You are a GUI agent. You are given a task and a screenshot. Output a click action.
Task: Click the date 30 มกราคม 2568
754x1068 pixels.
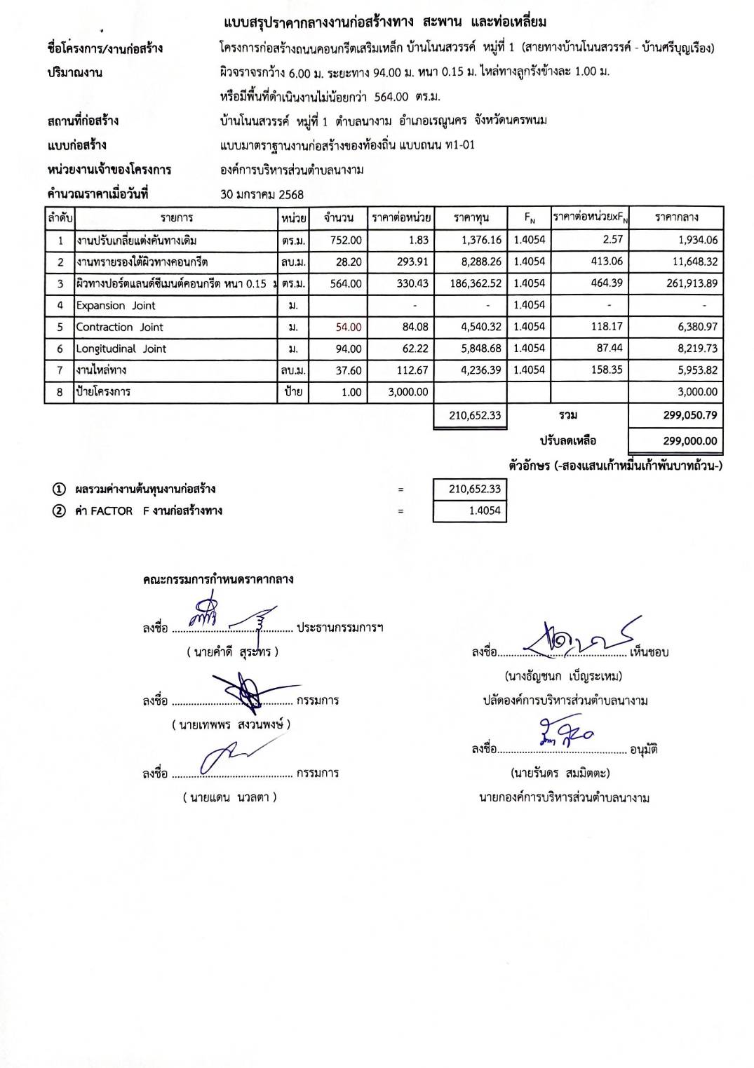262,194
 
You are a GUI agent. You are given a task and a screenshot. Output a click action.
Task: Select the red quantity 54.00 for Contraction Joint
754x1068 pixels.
349,327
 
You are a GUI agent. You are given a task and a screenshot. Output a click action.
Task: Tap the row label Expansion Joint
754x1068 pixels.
116,305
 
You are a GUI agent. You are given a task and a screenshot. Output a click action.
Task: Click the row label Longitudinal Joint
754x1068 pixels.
121,349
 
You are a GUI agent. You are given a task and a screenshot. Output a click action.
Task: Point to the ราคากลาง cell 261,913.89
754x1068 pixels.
692,283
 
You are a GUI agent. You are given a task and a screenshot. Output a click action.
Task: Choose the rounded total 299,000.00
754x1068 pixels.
690,441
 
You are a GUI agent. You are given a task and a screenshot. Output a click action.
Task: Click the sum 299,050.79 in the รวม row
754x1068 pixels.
690,415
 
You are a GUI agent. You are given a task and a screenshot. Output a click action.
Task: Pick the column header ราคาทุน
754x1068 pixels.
471,217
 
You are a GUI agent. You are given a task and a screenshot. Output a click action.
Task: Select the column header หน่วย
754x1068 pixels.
293,218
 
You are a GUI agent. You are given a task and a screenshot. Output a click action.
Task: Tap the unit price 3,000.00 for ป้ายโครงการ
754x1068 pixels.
408,392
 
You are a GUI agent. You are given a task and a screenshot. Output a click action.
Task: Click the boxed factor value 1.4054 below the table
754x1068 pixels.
485,511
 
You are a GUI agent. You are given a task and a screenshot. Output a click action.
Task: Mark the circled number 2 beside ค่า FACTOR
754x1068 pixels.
60,511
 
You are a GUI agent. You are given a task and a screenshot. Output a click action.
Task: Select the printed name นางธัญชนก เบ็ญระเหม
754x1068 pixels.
563,676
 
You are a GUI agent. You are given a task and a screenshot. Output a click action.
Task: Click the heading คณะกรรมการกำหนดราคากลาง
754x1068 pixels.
218,579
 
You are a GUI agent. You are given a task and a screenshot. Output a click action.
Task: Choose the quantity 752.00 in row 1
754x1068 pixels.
346,240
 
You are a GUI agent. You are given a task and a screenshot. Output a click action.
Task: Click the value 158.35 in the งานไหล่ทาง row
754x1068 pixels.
607,370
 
